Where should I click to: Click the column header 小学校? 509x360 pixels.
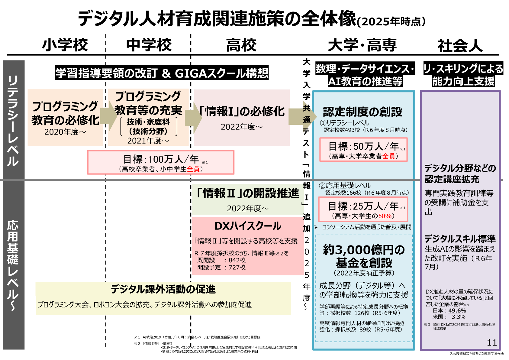click(x=65, y=45)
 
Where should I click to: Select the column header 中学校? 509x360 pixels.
click(x=149, y=45)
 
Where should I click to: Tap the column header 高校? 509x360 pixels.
click(x=241, y=45)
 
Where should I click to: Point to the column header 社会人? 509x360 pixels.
click(x=460, y=46)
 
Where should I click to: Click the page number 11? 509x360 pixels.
click(x=492, y=342)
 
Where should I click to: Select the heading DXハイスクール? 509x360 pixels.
click(x=248, y=226)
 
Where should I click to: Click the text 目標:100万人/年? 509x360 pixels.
click(x=161, y=159)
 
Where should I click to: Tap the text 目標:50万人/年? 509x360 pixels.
click(x=363, y=147)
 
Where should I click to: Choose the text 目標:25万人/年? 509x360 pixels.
click(x=363, y=206)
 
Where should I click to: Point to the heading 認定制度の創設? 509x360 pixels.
click(x=362, y=112)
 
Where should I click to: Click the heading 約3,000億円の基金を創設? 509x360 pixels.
click(x=364, y=256)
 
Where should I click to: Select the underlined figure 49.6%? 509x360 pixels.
click(x=457, y=310)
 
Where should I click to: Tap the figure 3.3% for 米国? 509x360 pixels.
click(x=458, y=317)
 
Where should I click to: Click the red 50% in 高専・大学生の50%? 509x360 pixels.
click(x=385, y=216)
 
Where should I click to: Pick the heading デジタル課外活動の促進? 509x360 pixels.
click(x=163, y=289)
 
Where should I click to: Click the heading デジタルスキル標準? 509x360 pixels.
click(x=460, y=239)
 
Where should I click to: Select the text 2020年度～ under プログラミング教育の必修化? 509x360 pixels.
click(x=65, y=132)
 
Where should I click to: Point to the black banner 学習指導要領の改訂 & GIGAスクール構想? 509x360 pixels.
click(x=162, y=73)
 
